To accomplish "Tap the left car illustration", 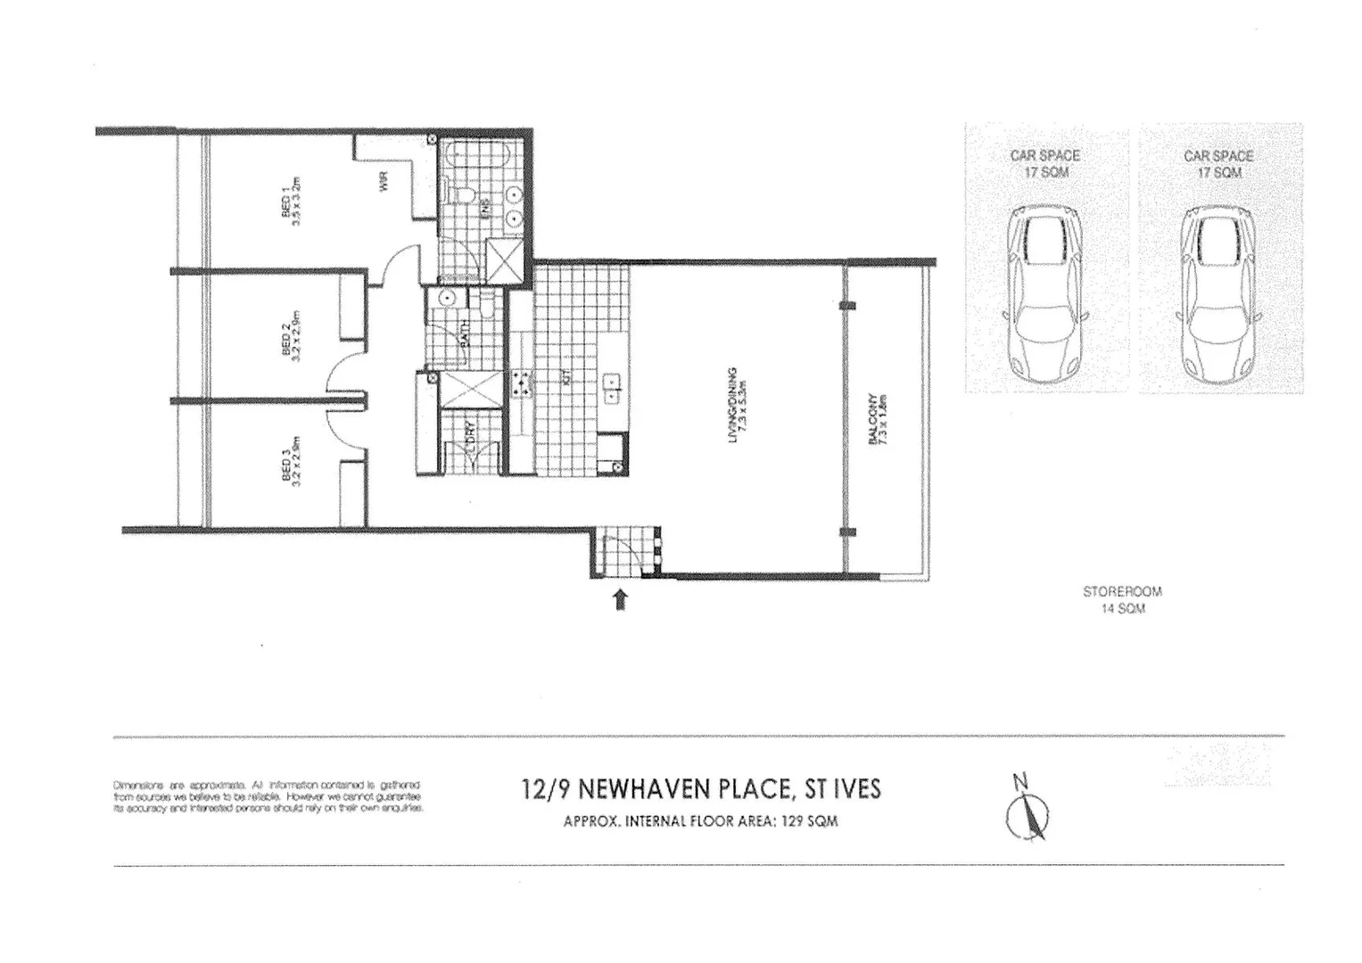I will tap(1044, 293).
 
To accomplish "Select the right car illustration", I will tap(1218, 293).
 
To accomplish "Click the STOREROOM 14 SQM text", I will tap(1122, 599).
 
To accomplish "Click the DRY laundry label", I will tap(471, 431).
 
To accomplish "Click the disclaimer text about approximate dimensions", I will tap(268, 795).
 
